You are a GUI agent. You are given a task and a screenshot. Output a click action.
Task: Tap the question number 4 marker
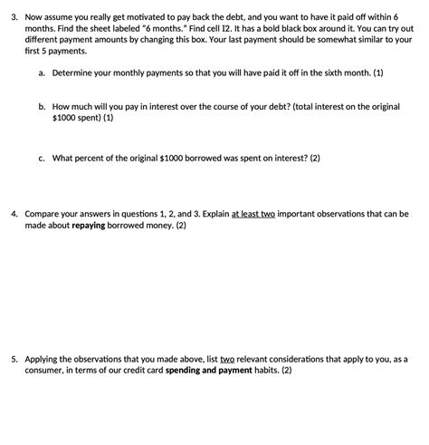tap(13, 214)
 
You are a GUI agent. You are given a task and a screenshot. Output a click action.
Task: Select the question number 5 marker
tap(13, 359)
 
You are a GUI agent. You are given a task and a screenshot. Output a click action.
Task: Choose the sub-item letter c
tap(42, 157)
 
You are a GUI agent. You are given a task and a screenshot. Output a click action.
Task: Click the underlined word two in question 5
tap(226, 359)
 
